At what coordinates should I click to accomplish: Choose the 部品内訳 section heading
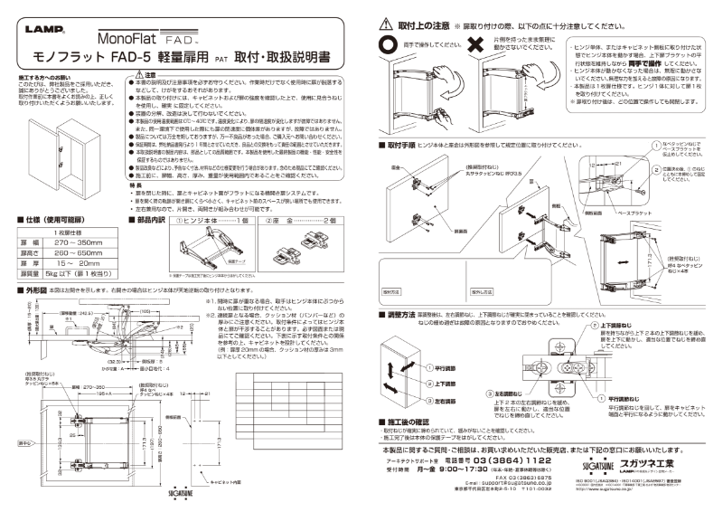[x=148, y=221]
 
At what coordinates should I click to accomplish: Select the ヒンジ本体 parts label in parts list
[x=201, y=221]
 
